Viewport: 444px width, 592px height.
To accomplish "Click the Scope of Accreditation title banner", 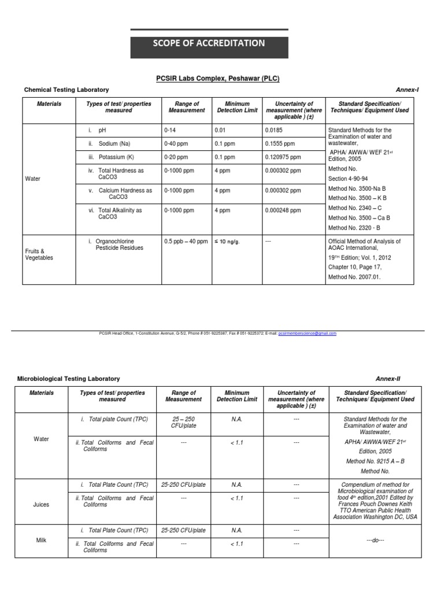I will coord(209,43).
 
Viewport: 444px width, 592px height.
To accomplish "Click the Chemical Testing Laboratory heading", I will coord(66,90).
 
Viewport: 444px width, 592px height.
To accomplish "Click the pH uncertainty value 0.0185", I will coord(276,131).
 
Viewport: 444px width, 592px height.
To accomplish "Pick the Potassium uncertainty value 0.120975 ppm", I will coord(283,157).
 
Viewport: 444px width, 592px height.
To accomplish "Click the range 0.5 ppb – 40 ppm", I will coord(186,241).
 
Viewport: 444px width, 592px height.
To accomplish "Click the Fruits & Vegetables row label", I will coord(39,254).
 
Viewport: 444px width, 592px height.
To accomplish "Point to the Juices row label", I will coord(41,504).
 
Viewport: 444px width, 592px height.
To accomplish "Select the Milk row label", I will coord(41,540).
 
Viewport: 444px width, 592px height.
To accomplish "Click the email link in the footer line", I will coord(307,334).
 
